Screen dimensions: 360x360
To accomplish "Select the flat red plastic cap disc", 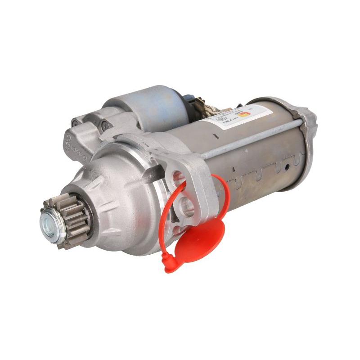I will click(198, 243).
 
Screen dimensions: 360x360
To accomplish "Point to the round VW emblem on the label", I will click(220, 120).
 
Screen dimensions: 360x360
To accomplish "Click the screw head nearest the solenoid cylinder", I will click(106, 126).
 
